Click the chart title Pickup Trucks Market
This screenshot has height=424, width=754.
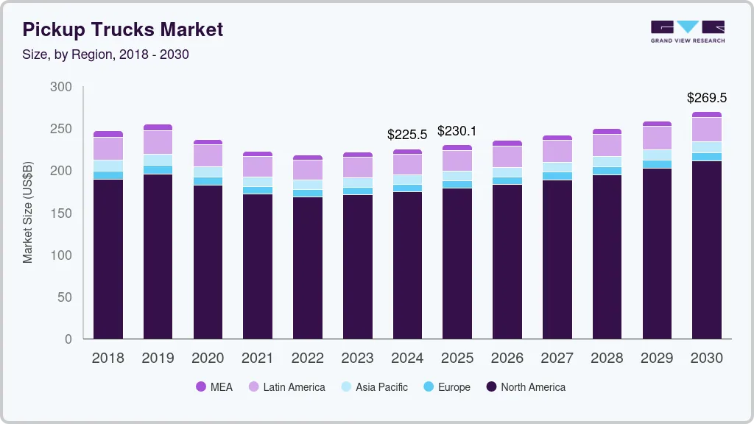click(x=122, y=29)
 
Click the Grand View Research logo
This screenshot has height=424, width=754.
click(x=687, y=32)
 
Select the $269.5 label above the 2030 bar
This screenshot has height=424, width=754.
click(x=706, y=98)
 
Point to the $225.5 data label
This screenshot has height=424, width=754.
click(x=407, y=135)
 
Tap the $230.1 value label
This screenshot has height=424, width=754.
click(x=457, y=131)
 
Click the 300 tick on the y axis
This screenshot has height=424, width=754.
click(x=61, y=87)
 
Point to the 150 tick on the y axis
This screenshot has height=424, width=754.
click(x=61, y=213)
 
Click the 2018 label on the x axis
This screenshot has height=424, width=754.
click(x=108, y=358)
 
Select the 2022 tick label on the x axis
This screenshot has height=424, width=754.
click(x=308, y=358)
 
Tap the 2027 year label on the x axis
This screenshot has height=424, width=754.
click(x=557, y=358)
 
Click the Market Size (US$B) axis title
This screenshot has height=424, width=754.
click(x=28, y=213)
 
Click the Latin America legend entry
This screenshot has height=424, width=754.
click(x=286, y=387)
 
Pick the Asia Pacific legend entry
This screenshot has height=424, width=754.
click(x=374, y=387)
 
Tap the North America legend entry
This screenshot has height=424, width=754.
click(x=525, y=387)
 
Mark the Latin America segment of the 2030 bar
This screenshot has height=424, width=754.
click(x=707, y=130)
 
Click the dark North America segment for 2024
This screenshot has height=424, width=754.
click(x=407, y=265)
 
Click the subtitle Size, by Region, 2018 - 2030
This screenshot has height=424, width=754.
click(x=106, y=54)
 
